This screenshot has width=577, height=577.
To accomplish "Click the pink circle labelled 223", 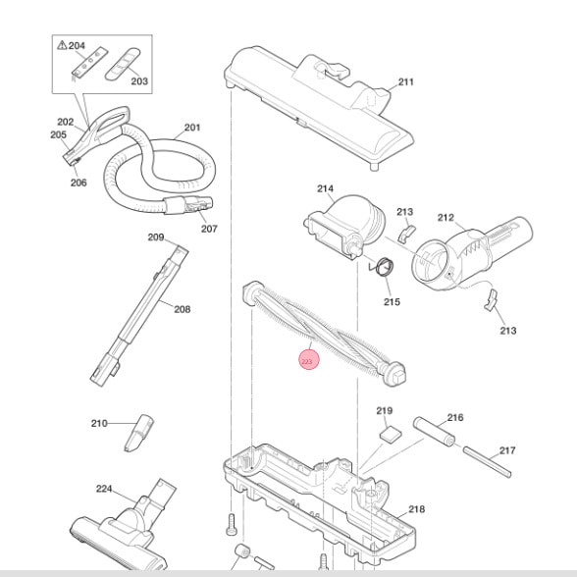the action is pos(309,360).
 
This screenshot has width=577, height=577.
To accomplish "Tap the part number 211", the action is pos(406,81).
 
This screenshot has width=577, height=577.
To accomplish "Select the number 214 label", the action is pos(326,188).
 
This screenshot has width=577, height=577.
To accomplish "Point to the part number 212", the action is pos(446,218).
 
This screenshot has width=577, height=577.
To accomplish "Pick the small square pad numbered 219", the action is pos(391,433).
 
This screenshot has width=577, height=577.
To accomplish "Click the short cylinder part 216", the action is pos(434,431).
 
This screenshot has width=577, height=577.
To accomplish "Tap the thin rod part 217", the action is pos(487,462).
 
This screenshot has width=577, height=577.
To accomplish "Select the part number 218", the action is pos(416,509).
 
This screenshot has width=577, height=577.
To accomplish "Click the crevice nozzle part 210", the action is pos(139,433).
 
